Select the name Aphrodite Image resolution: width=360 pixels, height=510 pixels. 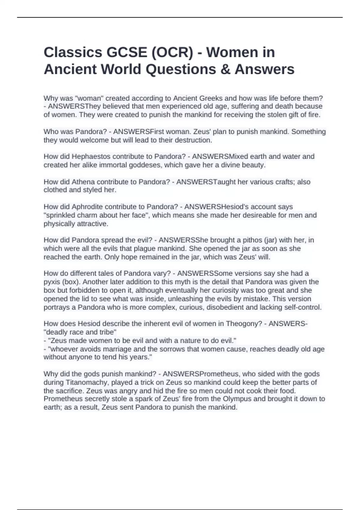[86, 207]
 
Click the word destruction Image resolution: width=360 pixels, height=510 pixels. [193, 140]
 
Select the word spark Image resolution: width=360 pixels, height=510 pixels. [143, 399]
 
